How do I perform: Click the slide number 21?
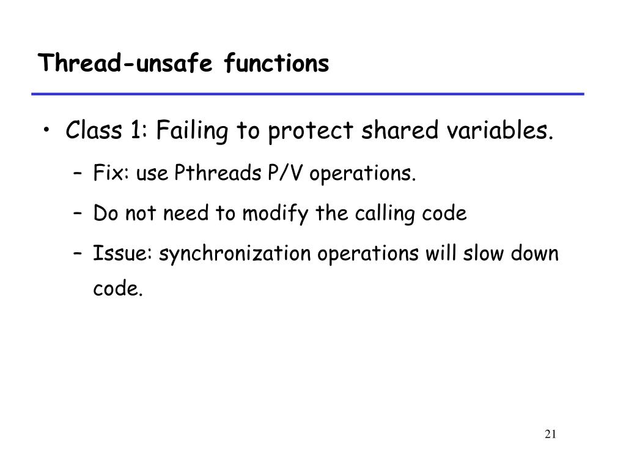click(x=550, y=435)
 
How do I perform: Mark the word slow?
click(x=480, y=253)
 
